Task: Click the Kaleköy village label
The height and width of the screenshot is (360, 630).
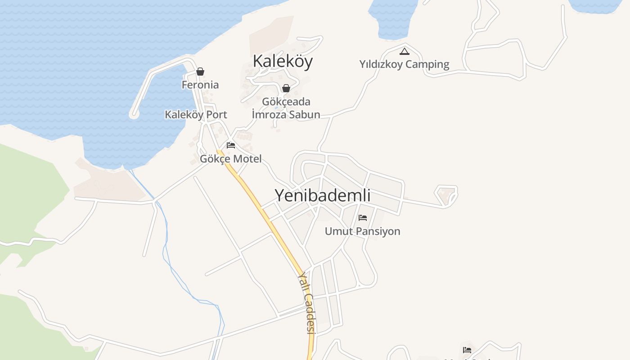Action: point(283,61)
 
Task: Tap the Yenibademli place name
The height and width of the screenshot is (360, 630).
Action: point(322,195)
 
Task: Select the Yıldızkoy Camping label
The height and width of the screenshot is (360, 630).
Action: point(404,64)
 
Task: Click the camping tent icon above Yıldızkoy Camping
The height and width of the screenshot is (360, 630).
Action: point(405,51)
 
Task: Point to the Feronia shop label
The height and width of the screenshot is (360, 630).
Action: point(200,85)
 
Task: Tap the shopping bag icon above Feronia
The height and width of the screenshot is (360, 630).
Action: point(200,72)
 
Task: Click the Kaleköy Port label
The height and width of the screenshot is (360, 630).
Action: point(196,114)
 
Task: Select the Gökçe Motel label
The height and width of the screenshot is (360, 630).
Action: point(230,158)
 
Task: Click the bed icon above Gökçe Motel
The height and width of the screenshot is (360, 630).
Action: point(231,145)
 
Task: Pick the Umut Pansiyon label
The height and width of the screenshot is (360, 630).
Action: point(362,231)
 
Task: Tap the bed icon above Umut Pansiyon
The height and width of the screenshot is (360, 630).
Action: point(363,218)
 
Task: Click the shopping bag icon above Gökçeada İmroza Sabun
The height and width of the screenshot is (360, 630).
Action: point(286,88)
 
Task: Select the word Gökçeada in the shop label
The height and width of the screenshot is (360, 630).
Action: point(286,102)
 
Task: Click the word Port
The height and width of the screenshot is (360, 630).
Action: point(217,114)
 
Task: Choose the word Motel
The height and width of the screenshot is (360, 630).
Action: point(247,158)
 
